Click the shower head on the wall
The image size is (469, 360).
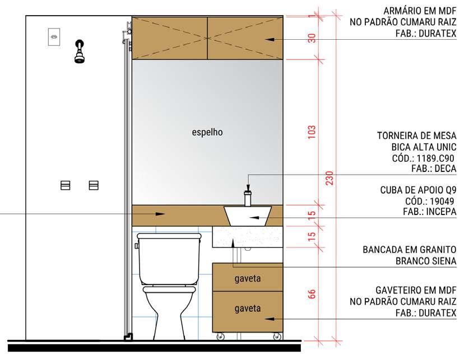point(79,52)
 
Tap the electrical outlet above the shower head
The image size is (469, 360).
point(54,37)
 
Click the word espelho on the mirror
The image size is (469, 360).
point(207,132)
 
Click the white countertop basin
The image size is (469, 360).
point(248,216)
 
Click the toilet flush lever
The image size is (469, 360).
point(137,246)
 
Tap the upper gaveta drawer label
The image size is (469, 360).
point(247,279)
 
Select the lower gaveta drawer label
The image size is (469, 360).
point(247,308)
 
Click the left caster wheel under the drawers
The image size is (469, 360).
point(220,336)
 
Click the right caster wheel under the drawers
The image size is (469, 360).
point(277,336)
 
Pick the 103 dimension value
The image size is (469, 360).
point(312,132)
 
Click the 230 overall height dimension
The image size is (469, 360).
point(329,178)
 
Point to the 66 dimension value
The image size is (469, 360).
point(312,294)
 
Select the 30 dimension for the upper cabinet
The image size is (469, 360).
point(312,38)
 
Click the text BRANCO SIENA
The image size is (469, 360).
point(426,261)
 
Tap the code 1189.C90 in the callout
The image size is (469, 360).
point(435,158)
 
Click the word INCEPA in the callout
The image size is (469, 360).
point(442,212)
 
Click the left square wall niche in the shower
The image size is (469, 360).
point(65,185)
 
